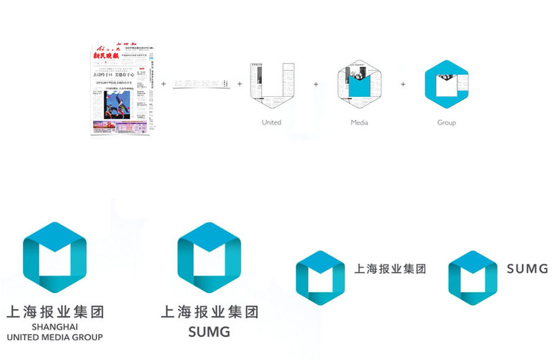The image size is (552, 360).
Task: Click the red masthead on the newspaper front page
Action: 111,55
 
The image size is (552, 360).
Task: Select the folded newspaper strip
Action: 199,85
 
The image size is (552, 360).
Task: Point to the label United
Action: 272,121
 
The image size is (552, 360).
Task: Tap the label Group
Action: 446,121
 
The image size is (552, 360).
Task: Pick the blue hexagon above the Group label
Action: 446,84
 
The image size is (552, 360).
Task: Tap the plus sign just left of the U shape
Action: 239,83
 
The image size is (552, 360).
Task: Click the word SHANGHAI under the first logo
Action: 54,326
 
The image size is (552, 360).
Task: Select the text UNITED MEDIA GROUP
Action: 54,337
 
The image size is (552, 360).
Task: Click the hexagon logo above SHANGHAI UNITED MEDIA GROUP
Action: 54,257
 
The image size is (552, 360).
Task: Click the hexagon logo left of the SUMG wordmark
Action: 472,278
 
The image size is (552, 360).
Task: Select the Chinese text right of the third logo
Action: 390,269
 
